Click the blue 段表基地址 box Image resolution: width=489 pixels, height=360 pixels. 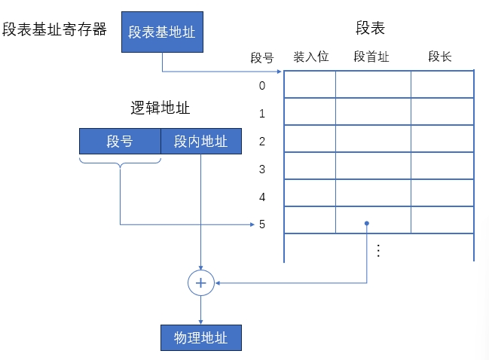click(x=162, y=32)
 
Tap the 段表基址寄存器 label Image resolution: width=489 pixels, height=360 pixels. click(x=54, y=30)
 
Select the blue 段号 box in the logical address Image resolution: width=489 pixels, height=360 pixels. click(x=120, y=141)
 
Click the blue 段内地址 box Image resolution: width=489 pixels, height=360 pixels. click(x=201, y=141)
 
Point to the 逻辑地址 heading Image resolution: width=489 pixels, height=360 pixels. click(x=160, y=108)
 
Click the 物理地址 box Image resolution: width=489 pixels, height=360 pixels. click(x=201, y=337)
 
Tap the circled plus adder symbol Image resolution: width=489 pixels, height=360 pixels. click(x=201, y=283)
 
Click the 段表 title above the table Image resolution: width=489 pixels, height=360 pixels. click(x=370, y=29)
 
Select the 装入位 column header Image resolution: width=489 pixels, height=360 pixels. click(x=310, y=56)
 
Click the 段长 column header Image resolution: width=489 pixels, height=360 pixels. click(x=439, y=56)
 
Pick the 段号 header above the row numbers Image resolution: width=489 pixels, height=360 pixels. click(x=261, y=57)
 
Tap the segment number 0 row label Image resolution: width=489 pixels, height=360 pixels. click(x=262, y=85)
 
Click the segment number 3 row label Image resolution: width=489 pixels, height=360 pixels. click(x=262, y=169)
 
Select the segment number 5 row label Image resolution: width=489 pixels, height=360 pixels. click(x=262, y=224)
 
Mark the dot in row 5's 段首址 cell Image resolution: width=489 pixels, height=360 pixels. click(x=367, y=223)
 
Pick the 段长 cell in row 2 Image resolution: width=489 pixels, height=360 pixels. click(x=442, y=139)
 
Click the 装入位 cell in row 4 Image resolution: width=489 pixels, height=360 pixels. click(x=310, y=193)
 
